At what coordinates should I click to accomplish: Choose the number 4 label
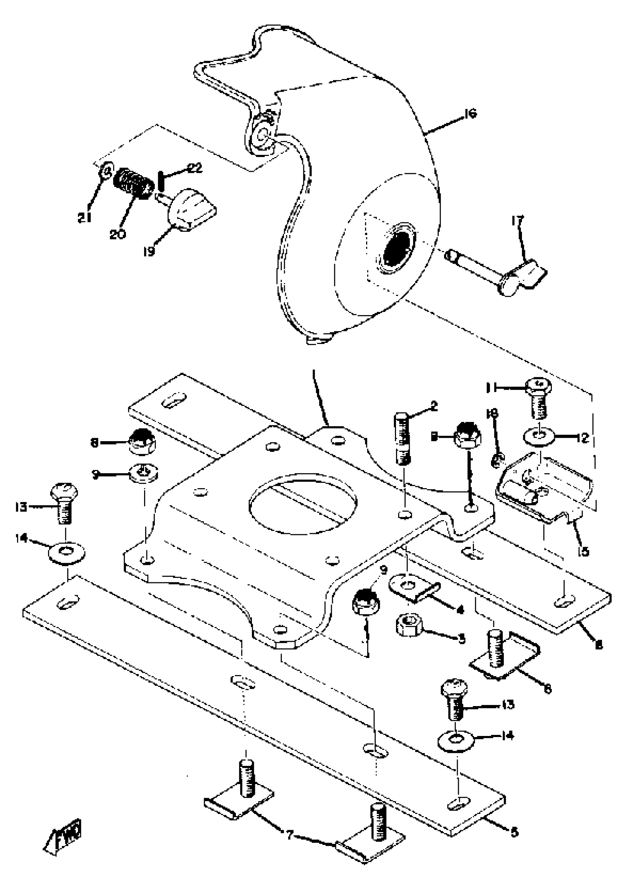click(x=460, y=610)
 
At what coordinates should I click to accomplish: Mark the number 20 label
click(x=117, y=234)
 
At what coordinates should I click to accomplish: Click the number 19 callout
click(x=149, y=252)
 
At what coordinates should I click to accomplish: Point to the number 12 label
click(x=583, y=438)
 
